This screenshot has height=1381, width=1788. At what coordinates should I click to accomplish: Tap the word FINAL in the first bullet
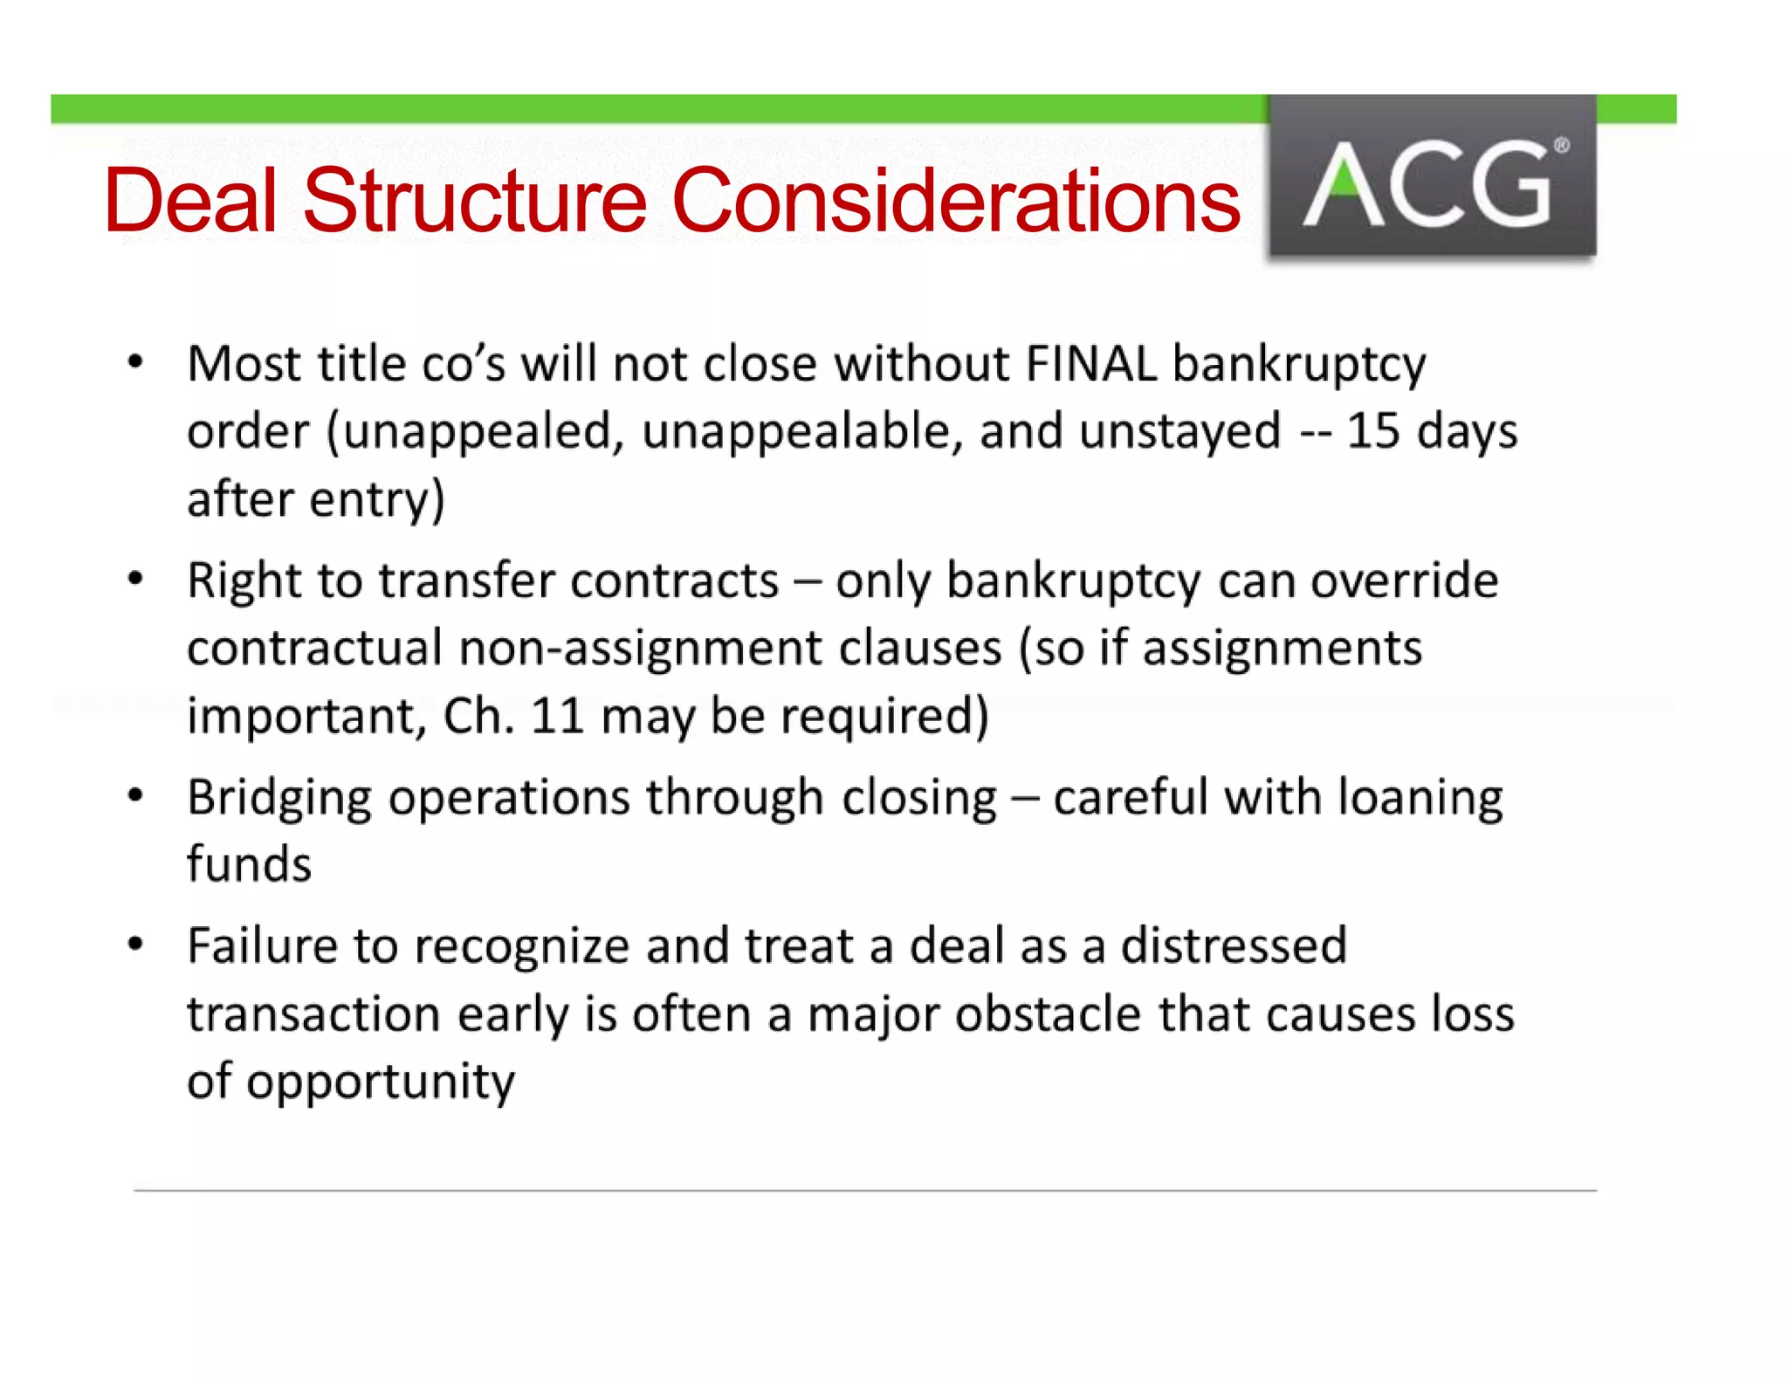[1092, 363]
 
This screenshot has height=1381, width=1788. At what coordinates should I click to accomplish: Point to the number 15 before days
[1373, 431]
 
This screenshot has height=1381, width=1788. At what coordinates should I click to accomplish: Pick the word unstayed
[1179, 431]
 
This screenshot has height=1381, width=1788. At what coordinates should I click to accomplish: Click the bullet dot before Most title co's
[135, 362]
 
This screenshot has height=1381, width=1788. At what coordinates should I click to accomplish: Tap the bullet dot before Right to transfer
[135, 579]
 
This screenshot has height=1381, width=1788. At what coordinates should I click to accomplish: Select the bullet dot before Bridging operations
[135, 795]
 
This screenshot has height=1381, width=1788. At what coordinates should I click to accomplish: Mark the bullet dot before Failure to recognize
[135, 944]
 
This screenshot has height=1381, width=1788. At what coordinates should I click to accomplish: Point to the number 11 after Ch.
[557, 716]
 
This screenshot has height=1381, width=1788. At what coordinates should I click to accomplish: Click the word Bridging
[279, 799]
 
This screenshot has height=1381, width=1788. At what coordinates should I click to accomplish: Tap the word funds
[249, 864]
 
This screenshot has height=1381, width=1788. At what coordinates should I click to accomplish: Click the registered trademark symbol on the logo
[1561, 146]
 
